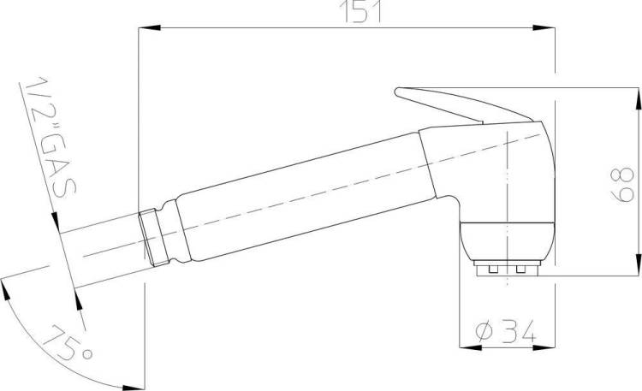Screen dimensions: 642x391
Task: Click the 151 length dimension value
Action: (360, 12)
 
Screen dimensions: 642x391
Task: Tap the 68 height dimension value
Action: (622, 185)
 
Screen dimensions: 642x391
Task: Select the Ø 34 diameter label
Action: (506, 331)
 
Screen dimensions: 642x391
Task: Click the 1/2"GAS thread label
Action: (51, 137)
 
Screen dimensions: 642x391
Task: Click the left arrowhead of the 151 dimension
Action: (150, 28)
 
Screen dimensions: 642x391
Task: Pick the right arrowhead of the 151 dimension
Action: (544, 28)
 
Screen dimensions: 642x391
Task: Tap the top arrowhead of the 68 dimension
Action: (639, 98)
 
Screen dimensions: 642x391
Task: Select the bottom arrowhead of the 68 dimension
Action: (639, 265)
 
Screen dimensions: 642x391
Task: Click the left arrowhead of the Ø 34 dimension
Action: (471, 347)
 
